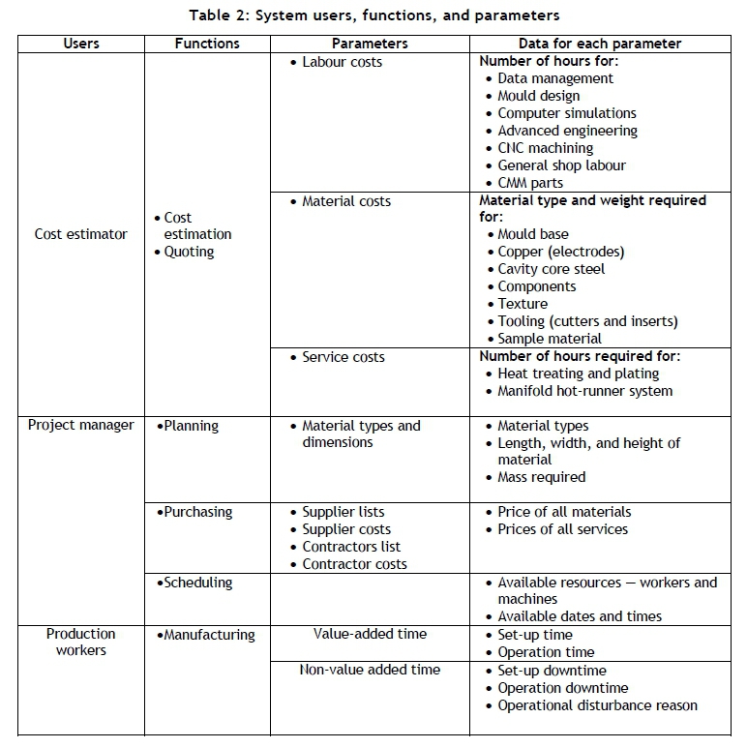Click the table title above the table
click(373, 15)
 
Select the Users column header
click(80, 44)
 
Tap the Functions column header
click(207, 44)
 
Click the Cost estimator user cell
click(80, 234)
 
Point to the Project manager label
click(80, 425)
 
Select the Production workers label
click(80, 643)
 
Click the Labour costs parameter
click(342, 62)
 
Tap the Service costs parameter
click(343, 357)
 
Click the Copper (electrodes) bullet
click(560, 252)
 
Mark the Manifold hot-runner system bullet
click(584, 391)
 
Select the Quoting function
click(189, 252)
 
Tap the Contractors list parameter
click(350, 547)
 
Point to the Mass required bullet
click(541, 477)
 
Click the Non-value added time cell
click(370, 670)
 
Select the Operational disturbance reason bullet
click(597, 705)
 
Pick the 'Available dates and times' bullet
click(580, 616)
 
